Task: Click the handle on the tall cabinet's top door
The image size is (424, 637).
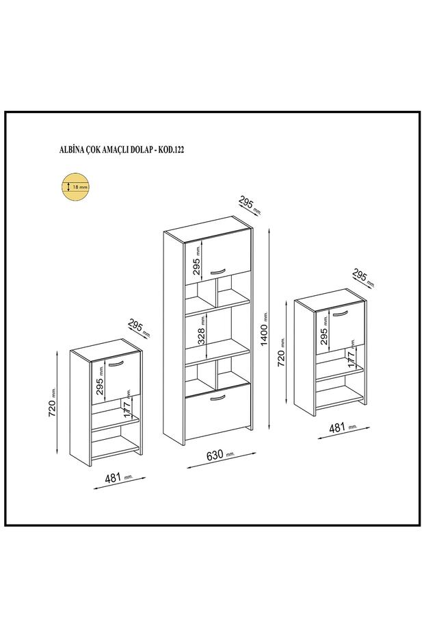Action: coord(217,271)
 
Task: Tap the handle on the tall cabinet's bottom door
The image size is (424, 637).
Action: coord(217,397)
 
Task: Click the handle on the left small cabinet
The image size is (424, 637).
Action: coord(115,363)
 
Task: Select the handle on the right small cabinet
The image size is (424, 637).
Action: coord(340,313)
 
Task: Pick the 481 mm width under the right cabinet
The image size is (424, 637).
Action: coord(341,428)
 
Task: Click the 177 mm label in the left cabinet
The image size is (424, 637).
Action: coord(127,405)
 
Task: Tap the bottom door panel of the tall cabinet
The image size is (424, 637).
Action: coord(217,411)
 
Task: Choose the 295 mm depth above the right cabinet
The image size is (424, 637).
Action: coord(362,277)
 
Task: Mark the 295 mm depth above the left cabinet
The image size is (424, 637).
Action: coord(138,327)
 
